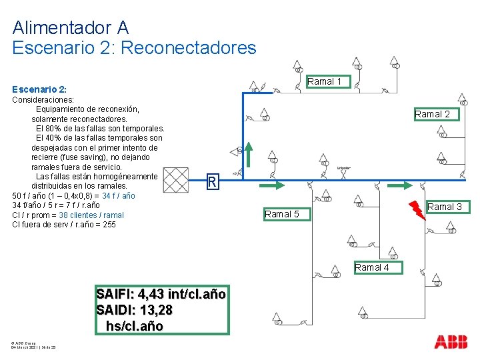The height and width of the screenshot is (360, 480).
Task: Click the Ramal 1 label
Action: point(324,81)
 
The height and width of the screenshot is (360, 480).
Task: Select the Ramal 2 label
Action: point(432,114)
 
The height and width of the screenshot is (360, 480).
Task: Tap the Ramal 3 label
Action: point(445,207)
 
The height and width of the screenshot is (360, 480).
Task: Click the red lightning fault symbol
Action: point(417,209)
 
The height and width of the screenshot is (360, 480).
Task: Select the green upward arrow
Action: point(247,153)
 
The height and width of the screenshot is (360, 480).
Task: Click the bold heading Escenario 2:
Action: point(39,89)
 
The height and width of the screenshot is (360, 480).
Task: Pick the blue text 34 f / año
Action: point(118,196)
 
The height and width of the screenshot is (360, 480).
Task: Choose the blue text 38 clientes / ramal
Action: point(91,215)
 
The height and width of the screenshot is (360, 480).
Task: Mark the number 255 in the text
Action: point(108,225)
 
